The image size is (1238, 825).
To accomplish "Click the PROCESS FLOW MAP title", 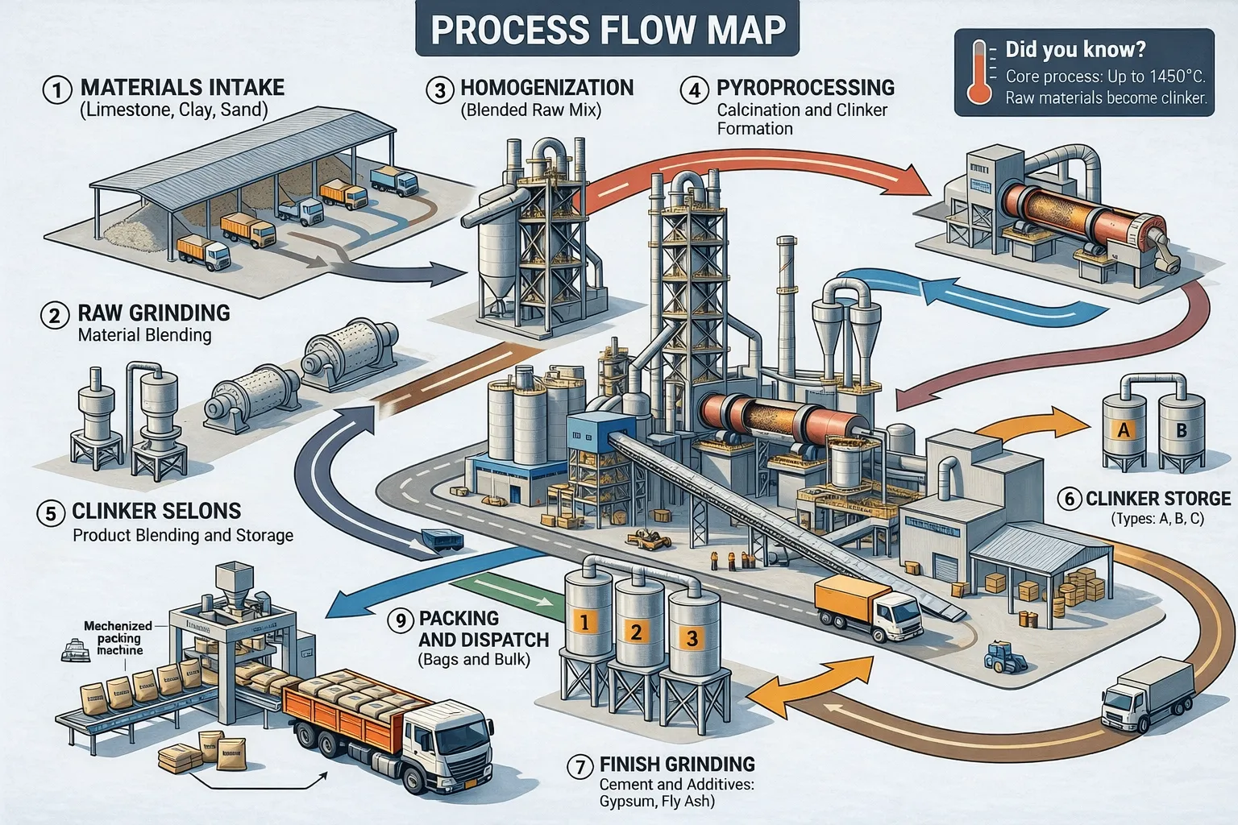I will coord(608,30).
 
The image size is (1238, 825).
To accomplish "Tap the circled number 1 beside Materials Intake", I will coord(56,89).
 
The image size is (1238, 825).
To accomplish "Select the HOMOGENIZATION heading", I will coord(546,88).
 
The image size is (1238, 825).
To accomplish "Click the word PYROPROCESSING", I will coord(805,88).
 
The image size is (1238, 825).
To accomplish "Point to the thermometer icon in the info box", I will coord(979,73).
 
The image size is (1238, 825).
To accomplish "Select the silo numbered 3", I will coord(692,636).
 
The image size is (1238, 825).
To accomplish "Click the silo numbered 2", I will coord(637,628).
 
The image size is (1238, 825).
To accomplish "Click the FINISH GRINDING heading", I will coord(677,765).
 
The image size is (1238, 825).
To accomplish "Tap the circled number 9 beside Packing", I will coord(400,620).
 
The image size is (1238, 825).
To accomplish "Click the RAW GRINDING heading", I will coord(154,313).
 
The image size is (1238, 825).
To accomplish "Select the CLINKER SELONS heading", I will coord(156,511).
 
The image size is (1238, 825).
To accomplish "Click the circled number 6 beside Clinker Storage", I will coord(1070,499).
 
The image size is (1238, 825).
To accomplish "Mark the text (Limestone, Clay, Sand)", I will coord(173,110).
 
